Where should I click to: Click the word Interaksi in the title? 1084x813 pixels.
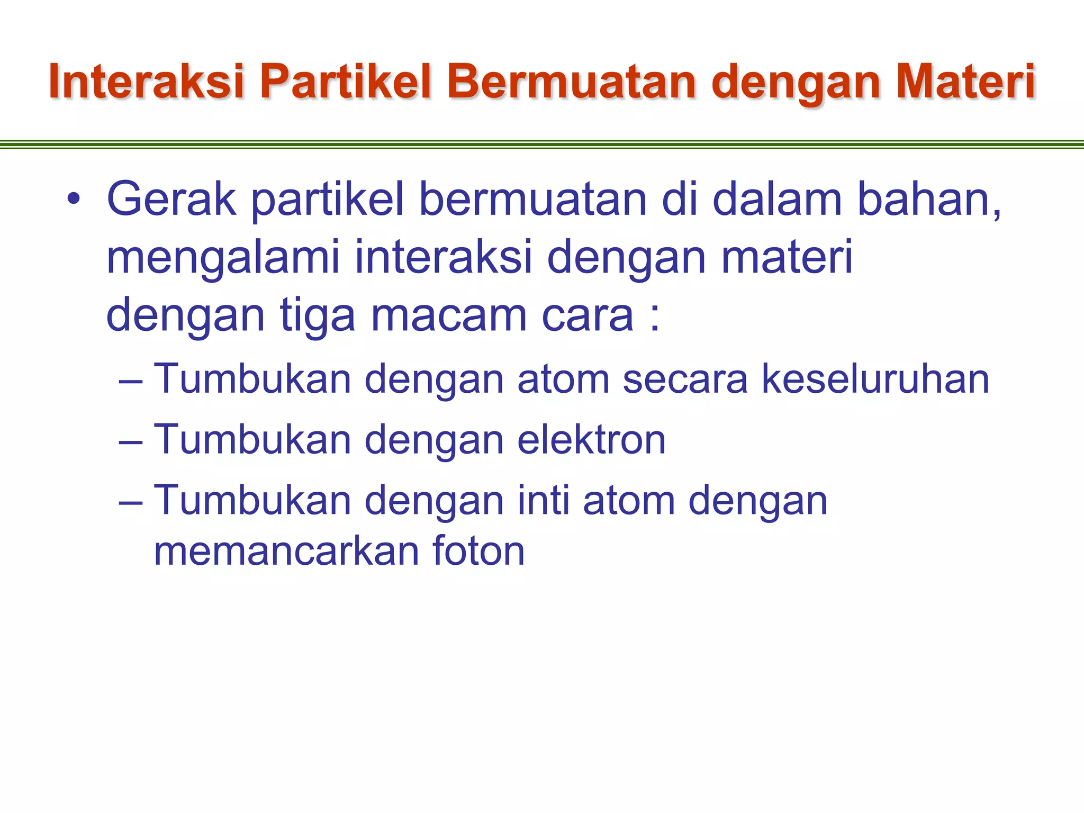tap(146, 82)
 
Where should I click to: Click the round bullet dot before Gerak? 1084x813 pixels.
tap(74, 200)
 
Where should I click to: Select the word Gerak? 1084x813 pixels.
tap(171, 200)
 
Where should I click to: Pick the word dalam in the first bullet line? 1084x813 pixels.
tap(777, 200)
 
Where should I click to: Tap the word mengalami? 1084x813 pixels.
tap(222, 258)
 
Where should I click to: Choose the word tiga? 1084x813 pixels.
tap(317, 315)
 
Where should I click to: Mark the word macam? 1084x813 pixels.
tap(449, 315)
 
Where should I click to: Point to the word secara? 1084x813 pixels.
tap(685, 379)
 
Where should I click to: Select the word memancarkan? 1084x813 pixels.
tap(286, 551)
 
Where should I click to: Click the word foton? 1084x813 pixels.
tap(478, 551)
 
